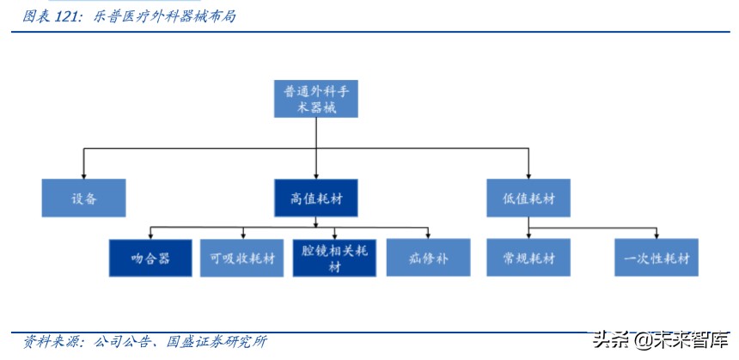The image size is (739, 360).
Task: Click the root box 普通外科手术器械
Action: coord(315,99)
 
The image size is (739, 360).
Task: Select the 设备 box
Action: coord(83,198)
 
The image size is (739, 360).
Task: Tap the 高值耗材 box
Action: coord(315,198)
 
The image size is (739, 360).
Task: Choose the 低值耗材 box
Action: coord(528,198)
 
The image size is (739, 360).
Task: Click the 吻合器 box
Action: coord(150,257)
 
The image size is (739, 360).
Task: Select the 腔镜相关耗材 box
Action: coord(334,257)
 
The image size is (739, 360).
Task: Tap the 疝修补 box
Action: coord(428,257)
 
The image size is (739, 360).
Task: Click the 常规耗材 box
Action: coord(528,257)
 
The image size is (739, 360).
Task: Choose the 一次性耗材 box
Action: coord(657,257)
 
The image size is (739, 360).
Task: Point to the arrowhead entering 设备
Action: coord(83,175)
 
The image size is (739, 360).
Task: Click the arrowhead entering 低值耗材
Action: coord(528,175)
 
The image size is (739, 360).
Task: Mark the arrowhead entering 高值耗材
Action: coord(315,175)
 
